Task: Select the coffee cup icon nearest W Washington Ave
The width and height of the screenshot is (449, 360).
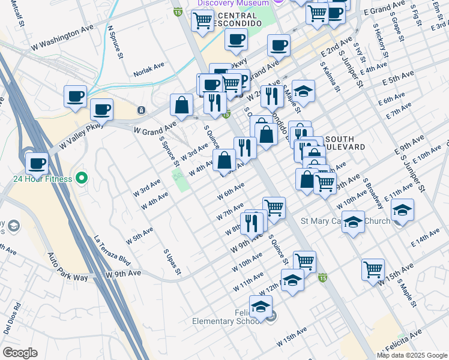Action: pos(76,97)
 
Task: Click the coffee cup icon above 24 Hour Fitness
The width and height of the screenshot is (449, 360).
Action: pos(37,163)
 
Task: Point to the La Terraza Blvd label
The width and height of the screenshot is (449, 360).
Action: pos(112,250)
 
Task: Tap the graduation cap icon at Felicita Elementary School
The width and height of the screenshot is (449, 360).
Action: pos(261,307)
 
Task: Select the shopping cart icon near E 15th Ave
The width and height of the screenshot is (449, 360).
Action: pos(373,270)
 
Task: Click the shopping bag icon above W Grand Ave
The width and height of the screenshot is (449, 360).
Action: pos(181,106)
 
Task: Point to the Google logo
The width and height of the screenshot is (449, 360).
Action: pos(20,353)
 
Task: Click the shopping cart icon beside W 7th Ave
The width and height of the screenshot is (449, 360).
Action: pos(274,208)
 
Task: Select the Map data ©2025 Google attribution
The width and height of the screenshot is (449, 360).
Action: pos(412,355)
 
